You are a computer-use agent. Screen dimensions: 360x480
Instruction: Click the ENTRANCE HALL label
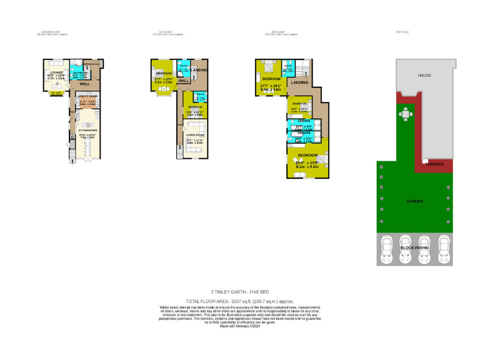click(x=92, y=64)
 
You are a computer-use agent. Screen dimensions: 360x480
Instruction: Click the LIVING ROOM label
click(x=196, y=134)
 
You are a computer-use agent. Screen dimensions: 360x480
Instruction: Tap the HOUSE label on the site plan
click(x=425, y=75)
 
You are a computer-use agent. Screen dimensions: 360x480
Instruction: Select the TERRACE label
click(x=434, y=164)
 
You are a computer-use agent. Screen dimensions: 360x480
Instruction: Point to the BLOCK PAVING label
click(x=416, y=249)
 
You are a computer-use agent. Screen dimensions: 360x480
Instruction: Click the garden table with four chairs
click(x=407, y=114)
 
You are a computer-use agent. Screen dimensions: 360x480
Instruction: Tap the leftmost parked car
click(x=386, y=249)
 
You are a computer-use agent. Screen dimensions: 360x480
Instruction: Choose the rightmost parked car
click(x=444, y=249)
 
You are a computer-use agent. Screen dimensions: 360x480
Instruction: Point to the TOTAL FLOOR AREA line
click(x=240, y=301)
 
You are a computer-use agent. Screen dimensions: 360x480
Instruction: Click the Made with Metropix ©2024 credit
click(x=240, y=324)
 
